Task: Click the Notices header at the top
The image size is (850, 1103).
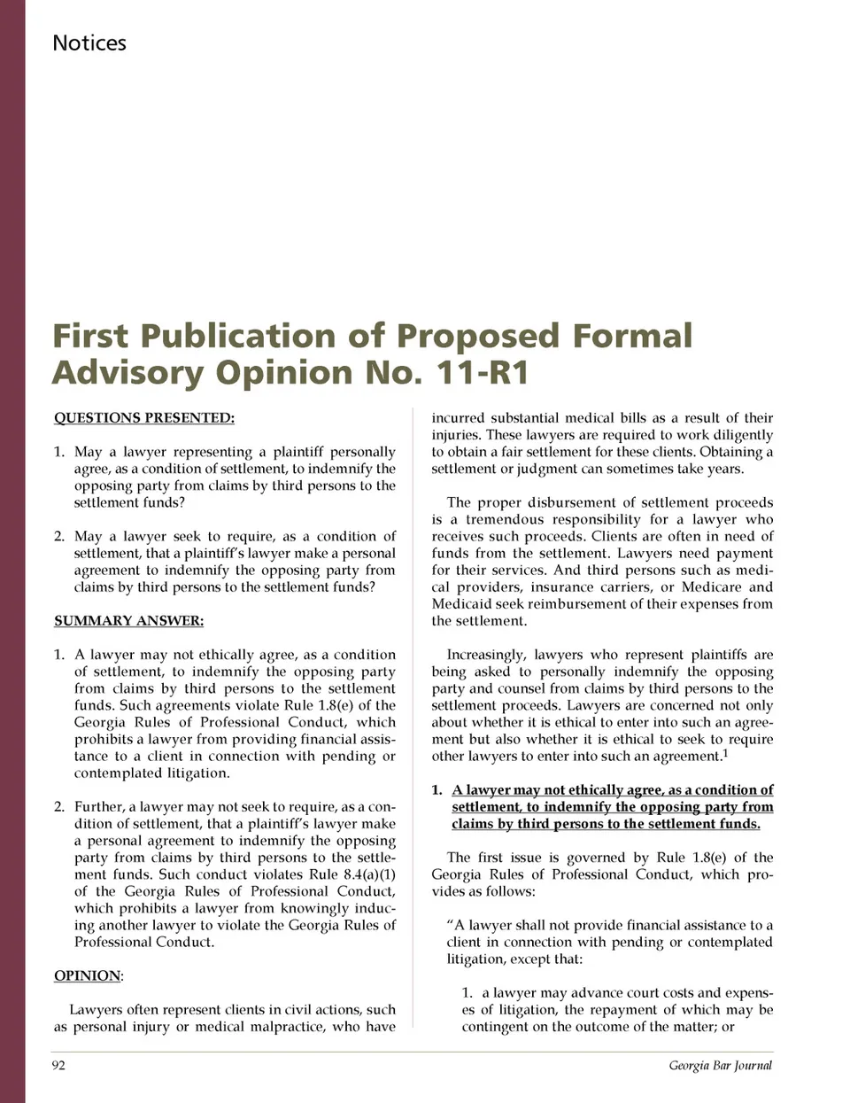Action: click(x=89, y=43)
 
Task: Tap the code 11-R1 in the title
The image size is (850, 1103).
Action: click(x=483, y=372)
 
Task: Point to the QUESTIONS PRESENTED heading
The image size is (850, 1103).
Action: click(x=144, y=417)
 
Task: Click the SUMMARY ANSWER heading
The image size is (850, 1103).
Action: click(x=128, y=620)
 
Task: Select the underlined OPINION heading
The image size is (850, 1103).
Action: click(x=88, y=975)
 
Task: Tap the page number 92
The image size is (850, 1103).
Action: click(x=58, y=1065)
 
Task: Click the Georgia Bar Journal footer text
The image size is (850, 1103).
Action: click(x=720, y=1065)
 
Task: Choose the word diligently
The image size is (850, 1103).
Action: click(x=740, y=435)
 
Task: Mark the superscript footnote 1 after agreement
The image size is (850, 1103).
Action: click(x=725, y=753)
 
